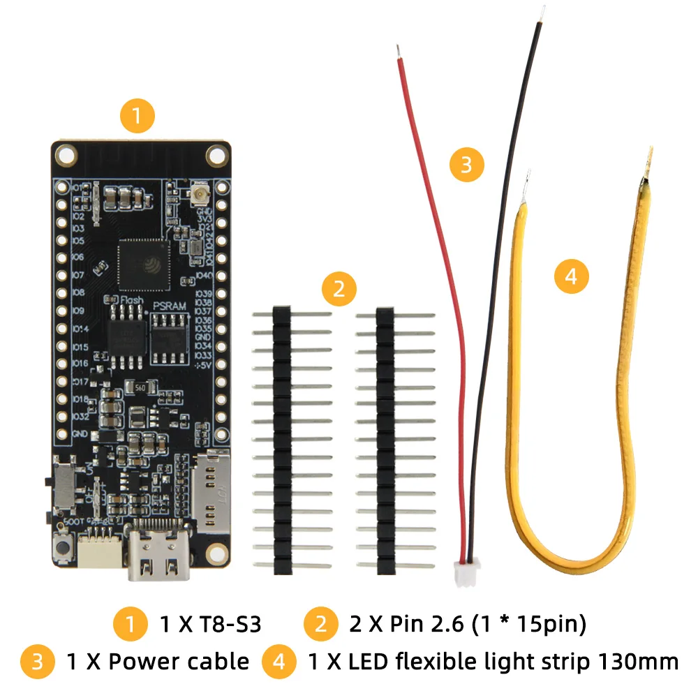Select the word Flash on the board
pyautogui.click(x=131, y=301)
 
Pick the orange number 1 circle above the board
pyautogui.click(x=136, y=117)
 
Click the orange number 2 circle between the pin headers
pyautogui.click(x=339, y=288)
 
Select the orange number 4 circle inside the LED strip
pyautogui.click(x=571, y=276)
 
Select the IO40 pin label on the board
pyautogui.click(x=205, y=276)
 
